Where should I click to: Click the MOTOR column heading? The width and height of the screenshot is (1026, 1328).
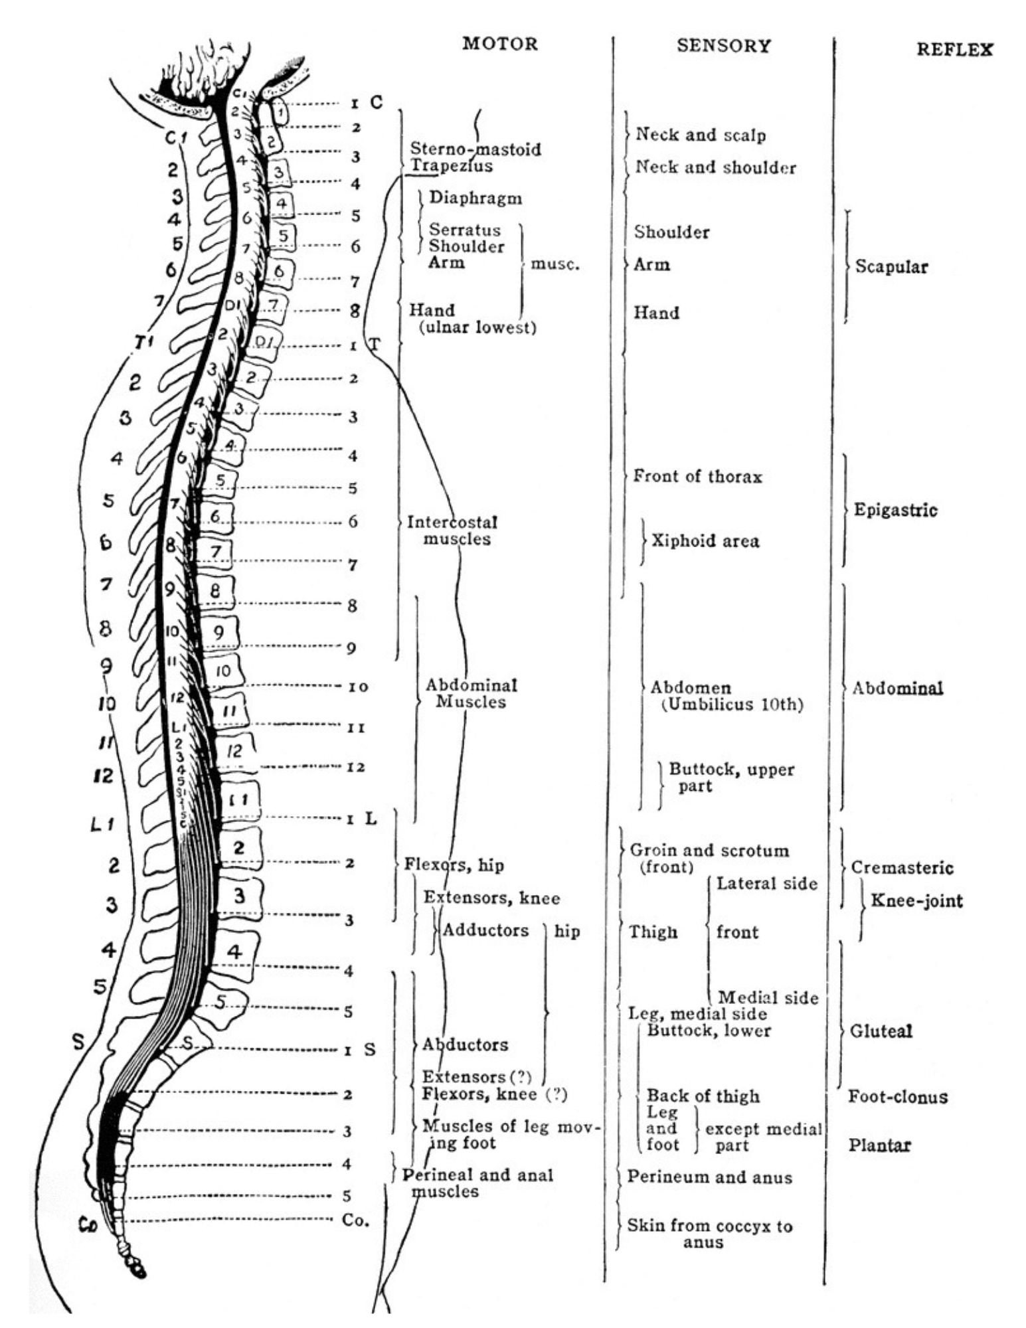[499, 44]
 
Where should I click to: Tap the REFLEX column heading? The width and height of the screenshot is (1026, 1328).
[954, 49]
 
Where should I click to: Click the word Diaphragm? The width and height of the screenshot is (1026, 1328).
[475, 198]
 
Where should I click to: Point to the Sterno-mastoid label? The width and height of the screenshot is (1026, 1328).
[475, 149]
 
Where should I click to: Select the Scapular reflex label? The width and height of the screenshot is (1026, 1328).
[891, 267]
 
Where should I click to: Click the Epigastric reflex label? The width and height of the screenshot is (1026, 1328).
[895, 510]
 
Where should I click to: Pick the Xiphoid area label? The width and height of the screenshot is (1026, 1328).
[705, 540]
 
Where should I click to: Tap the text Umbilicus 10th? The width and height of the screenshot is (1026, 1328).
[732, 705]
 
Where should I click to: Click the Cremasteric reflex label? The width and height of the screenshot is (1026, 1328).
[902, 868]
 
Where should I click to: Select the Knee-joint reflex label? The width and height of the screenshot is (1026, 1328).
[916, 901]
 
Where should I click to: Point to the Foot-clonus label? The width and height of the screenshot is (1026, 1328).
[898, 1096]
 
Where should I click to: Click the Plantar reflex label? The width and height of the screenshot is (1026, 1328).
[879, 1145]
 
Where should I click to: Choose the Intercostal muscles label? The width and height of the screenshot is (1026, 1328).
[452, 531]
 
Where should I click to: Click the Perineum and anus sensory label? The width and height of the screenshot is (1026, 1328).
[709, 1177]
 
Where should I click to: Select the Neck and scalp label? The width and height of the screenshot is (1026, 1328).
[701, 135]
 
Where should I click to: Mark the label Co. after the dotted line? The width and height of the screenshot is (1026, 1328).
[355, 1220]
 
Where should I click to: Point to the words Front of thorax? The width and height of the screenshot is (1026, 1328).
[697, 476]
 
